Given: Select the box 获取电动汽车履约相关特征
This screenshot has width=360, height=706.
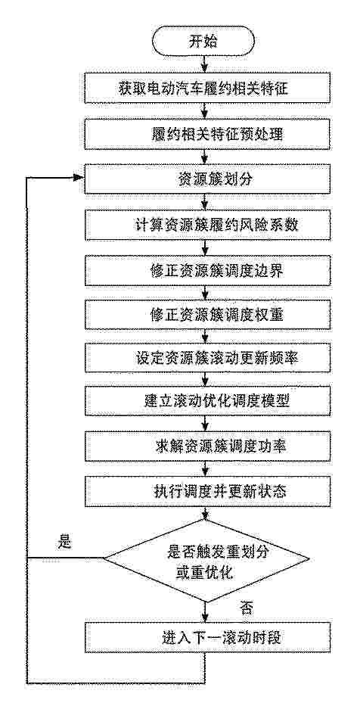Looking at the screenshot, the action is pos(205,89).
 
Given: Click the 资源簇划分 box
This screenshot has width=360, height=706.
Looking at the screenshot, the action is pos(205,180).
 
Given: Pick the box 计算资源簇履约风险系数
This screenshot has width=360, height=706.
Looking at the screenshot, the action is pos(205,225).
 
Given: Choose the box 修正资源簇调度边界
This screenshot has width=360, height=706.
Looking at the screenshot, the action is pos(205,272).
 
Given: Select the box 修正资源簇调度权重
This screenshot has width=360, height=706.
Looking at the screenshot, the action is pos(205,316).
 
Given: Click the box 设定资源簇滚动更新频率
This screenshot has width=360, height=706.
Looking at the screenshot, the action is pos(205,360).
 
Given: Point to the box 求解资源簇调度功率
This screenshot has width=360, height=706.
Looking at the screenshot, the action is pos(205,446).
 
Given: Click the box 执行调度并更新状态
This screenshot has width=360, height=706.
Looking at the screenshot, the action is pos(205,492).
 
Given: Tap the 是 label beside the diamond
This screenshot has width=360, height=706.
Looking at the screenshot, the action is pos(64,542).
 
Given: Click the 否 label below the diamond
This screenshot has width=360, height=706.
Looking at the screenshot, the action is pos(244,610).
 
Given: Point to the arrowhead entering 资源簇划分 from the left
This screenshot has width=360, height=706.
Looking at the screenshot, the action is pos(79,178).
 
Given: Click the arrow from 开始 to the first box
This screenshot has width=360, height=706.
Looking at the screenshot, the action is pos(205,65).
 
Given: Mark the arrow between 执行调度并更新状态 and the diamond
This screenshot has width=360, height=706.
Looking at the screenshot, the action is pos(206,512).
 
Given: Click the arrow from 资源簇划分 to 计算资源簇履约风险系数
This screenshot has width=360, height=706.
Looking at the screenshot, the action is pos(205,203).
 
